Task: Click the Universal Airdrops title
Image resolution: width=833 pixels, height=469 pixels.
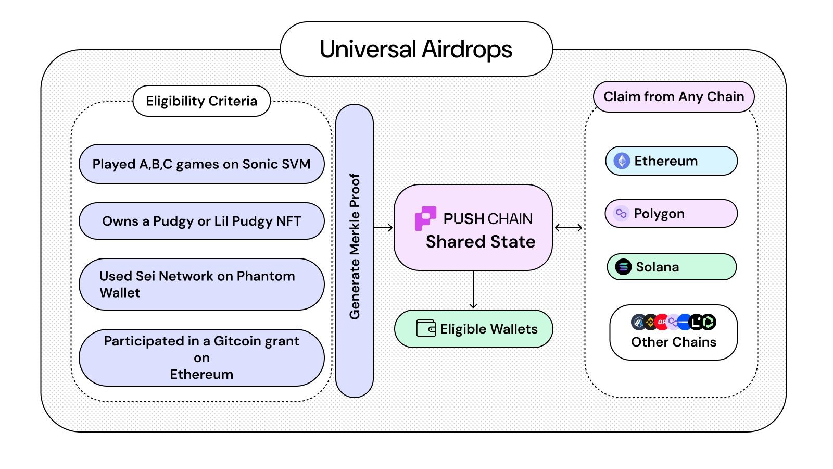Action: click(415, 50)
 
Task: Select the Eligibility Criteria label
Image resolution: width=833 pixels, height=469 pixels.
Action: click(201, 101)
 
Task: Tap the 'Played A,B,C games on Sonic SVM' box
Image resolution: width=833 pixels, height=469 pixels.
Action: click(201, 164)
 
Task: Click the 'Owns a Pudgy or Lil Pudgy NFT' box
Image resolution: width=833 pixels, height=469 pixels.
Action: click(201, 221)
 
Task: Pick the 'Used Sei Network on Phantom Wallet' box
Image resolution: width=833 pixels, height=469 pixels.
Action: click(201, 284)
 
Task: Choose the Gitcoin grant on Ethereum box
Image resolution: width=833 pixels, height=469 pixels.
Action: click(201, 357)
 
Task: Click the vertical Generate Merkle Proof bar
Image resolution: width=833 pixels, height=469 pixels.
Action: click(355, 250)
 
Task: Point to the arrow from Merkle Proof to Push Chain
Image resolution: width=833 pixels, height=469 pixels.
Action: click(383, 228)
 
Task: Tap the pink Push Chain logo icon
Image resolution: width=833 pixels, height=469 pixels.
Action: click(425, 218)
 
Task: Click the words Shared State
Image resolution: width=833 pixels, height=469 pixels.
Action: click(480, 242)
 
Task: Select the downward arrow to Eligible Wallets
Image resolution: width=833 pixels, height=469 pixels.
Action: click(473, 290)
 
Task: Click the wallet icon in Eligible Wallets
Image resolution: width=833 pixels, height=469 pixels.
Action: click(426, 329)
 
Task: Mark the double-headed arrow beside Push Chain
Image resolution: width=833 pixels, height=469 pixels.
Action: click(569, 228)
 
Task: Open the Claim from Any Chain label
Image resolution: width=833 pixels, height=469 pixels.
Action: click(674, 97)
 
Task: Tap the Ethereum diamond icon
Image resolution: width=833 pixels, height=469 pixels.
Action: click(622, 161)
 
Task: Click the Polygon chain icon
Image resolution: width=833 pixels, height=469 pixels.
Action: click(621, 214)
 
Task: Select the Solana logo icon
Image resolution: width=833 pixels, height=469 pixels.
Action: click(623, 267)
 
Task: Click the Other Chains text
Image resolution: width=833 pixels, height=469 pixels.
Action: click(674, 342)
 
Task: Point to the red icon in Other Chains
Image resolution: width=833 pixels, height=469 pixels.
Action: click(661, 322)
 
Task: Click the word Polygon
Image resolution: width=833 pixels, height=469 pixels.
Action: click(659, 214)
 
